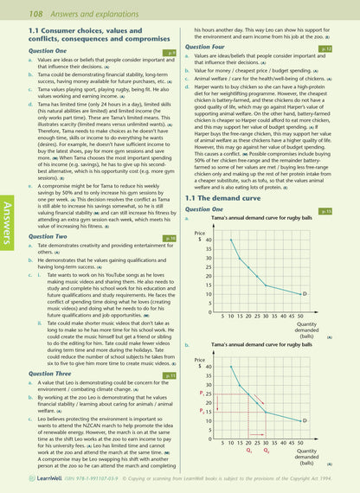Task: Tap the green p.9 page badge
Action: [171, 53]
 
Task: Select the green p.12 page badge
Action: [350, 49]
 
